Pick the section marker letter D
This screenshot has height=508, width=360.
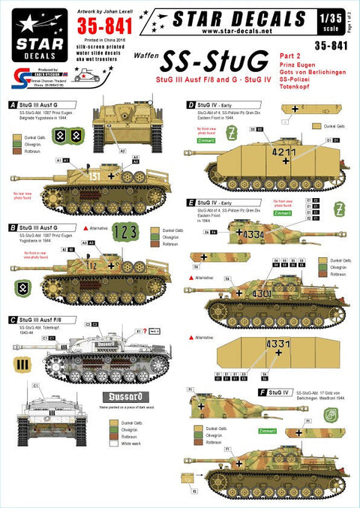pos(193,104)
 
